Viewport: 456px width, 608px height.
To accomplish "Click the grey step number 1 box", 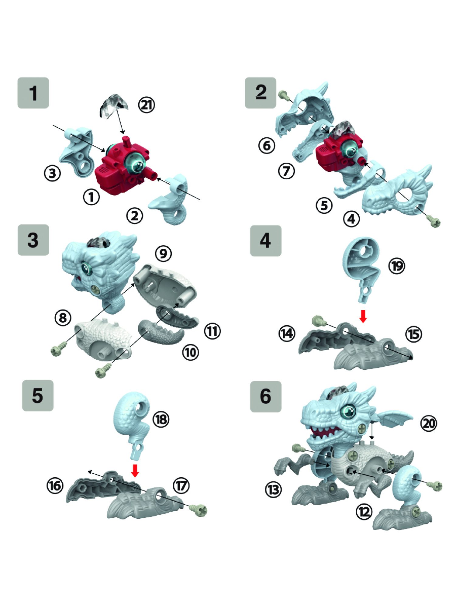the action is click(x=33, y=93).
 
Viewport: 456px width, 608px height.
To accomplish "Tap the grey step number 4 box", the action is click(x=266, y=241).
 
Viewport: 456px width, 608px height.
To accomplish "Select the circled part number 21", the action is click(x=147, y=105).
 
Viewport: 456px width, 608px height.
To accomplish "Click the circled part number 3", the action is click(x=52, y=174).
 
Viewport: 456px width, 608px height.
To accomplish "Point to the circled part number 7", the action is click(x=286, y=171).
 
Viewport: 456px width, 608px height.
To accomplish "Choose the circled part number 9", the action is click(x=163, y=253).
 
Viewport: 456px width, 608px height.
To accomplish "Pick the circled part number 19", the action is click(x=397, y=266).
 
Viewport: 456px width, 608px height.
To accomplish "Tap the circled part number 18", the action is click(x=161, y=419).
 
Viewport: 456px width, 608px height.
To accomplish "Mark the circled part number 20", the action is click(x=429, y=423).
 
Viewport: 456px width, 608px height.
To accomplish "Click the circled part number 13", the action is click(x=273, y=489).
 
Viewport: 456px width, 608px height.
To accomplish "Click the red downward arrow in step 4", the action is click(x=363, y=316).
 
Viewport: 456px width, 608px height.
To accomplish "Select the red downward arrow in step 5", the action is click(x=135, y=470).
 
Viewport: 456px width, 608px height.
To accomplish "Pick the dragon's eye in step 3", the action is click(x=86, y=269).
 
